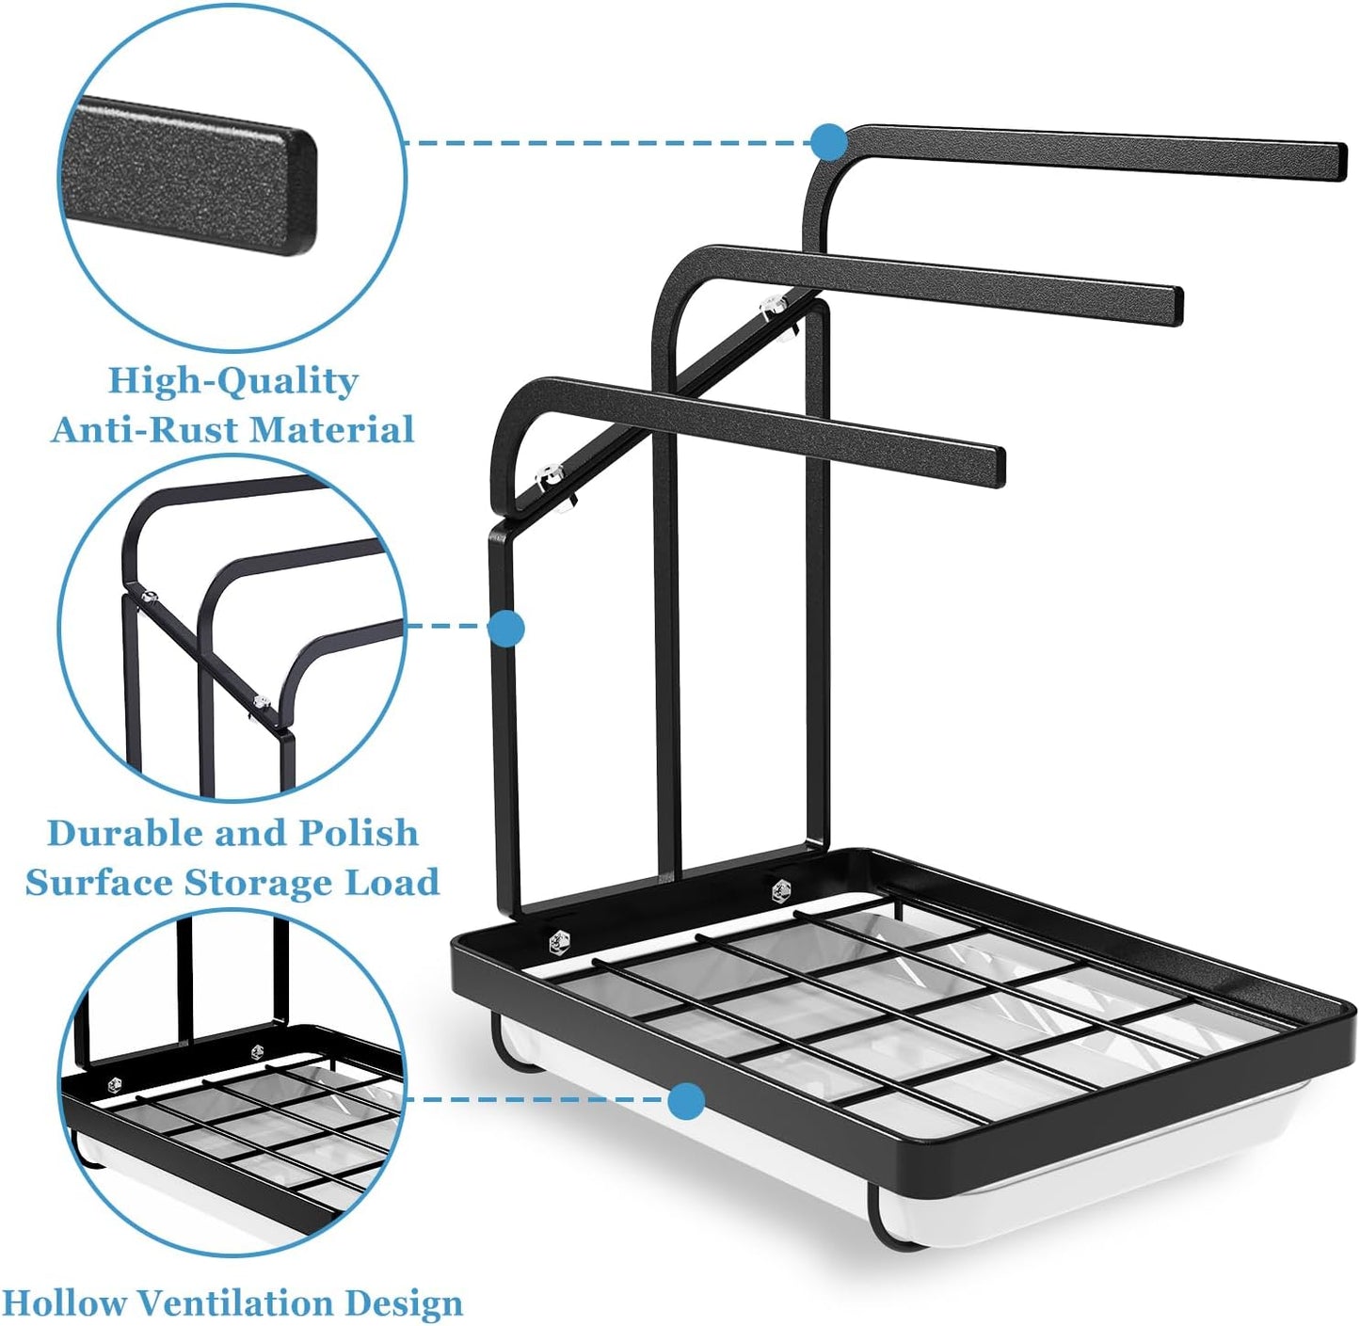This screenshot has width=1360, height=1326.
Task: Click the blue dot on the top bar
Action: coord(829,142)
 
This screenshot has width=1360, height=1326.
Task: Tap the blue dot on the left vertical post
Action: coord(506,628)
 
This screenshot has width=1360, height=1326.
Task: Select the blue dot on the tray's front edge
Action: coord(686,1100)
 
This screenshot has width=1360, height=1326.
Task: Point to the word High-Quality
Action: coord(233,382)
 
